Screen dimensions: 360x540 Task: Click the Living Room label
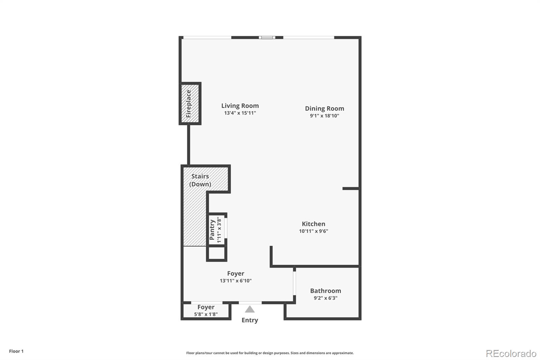pos(240,106)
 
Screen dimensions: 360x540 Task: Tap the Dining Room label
pos(324,108)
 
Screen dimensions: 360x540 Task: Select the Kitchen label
pos(314,224)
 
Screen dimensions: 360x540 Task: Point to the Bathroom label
pos(325,291)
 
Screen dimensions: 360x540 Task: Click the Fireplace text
pos(189,104)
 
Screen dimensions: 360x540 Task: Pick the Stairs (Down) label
pos(200,180)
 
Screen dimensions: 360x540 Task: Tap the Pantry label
pos(212,230)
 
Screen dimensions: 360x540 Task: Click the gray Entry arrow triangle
pos(250,309)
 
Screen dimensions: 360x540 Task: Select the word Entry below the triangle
pos(250,320)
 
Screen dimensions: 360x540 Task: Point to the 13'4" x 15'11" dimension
pos(240,113)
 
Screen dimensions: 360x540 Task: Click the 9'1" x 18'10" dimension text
pos(324,116)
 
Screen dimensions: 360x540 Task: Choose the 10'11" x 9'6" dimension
pos(314,231)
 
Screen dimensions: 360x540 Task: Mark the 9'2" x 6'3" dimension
pos(325,298)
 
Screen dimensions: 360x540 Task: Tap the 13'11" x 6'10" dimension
pos(236,281)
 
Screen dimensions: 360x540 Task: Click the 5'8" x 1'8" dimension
pos(206,314)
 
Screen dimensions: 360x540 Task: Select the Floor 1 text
pos(16,351)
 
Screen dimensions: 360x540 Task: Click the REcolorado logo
pos(511,354)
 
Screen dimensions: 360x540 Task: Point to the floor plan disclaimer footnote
pos(270,353)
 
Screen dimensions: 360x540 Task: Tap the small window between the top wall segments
pos(267,37)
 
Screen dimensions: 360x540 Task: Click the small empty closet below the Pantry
pos(216,253)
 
